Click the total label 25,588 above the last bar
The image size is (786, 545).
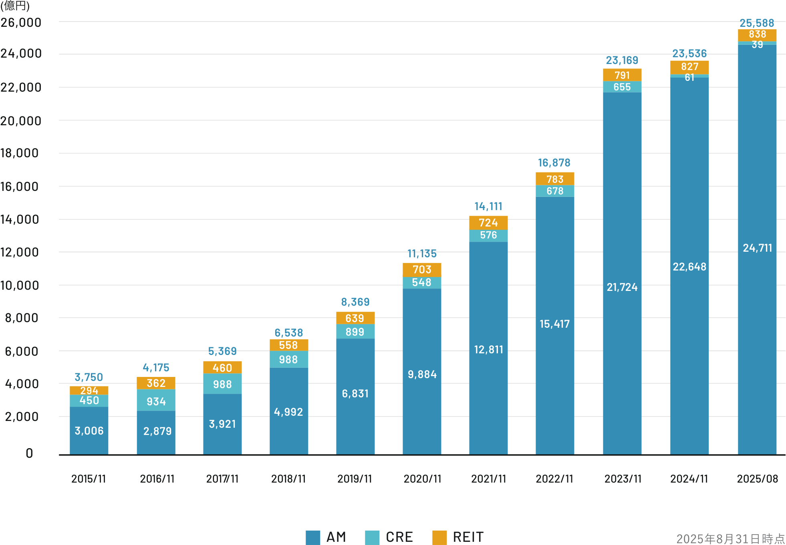coord(756,23)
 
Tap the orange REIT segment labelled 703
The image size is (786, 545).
coord(422,270)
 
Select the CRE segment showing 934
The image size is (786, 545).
coord(156,401)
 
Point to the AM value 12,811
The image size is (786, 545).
coord(488,350)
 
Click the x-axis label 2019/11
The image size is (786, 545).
coord(355,479)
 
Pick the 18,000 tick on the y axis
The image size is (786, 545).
coord(20,153)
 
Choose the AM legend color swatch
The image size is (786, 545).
coord(313,537)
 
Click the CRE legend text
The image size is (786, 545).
coord(399,537)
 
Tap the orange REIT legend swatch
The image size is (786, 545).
coord(439,537)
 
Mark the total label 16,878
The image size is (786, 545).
coord(554,163)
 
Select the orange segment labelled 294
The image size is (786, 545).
coord(89,390)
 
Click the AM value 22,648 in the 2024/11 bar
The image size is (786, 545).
coord(689,267)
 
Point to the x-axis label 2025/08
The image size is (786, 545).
coord(757,479)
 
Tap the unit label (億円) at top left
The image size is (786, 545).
coord(15,6)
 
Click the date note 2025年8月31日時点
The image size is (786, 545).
coord(730,539)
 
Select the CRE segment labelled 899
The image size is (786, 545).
coord(355,332)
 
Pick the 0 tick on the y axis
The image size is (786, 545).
coord(29,453)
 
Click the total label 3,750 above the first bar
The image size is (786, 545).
coord(89,377)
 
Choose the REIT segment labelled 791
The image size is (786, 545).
coord(622,75)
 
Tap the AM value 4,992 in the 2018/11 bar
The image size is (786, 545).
coord(288,412)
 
